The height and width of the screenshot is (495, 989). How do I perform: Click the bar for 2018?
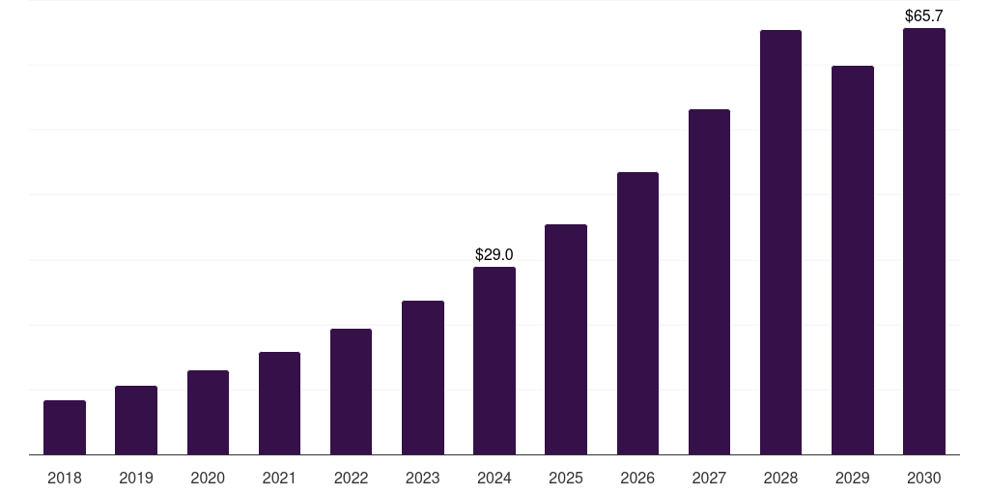point(65,427)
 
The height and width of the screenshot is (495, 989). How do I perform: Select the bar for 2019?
point(136,421)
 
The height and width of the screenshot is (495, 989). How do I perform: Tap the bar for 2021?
point(279,403)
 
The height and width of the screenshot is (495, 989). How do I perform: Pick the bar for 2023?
point(423,378)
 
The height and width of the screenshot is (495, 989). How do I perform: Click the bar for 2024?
point(494,361)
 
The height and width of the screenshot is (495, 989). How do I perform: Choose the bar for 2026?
point(637,313)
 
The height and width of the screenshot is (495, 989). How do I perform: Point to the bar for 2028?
point(780,243)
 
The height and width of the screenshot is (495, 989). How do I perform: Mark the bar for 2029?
point(853,260)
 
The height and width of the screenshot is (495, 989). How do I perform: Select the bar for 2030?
point(924,242)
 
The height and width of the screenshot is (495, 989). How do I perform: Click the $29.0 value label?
point(494,254)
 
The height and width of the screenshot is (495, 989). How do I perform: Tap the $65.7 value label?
point(924,15)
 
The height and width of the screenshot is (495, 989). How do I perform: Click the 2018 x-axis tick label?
point(65,478)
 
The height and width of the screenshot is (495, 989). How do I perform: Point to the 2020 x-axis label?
point(208,478)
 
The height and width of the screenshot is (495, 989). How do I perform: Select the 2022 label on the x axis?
point(351,478)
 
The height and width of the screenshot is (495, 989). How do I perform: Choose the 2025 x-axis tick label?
point(566,478)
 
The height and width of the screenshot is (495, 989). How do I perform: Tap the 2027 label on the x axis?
point(709,478)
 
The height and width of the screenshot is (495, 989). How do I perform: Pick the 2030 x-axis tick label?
point(924,478)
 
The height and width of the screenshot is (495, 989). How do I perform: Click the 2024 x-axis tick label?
point(494,478)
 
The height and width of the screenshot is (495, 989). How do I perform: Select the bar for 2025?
point(566,339)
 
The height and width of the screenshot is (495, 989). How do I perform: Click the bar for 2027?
point(709,282)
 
